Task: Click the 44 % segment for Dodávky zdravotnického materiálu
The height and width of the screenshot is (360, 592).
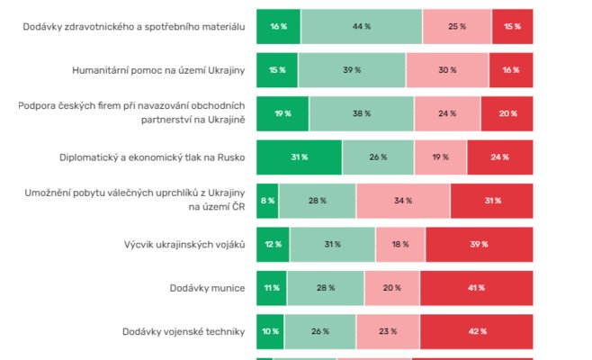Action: [x=362, y=27]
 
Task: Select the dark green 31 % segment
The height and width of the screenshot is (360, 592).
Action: [x=300, y=157]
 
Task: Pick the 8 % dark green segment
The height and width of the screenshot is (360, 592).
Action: [x=267, y=201]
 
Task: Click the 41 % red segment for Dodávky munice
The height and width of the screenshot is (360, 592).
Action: [x=477, y=288]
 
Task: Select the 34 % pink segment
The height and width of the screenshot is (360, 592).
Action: [x=403, y=201]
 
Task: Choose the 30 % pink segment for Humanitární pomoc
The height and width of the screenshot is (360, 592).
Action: [x=447, y=70]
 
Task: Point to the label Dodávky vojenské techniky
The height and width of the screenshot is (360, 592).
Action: [x=184, y=332]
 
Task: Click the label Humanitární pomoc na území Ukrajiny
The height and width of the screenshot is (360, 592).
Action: [x=158, y=70]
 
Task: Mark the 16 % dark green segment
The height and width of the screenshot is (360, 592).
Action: [x=279, y=27]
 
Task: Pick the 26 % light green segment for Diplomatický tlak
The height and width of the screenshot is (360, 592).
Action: [x=378, y=157]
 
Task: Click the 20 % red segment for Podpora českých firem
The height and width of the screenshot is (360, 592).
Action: [x=507, y=114]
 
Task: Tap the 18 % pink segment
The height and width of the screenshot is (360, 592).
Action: [x=400, y=245]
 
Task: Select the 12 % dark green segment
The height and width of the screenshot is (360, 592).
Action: [x=274, y=245]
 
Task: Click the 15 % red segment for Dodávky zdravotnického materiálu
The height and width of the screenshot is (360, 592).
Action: [x=512, y=27]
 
